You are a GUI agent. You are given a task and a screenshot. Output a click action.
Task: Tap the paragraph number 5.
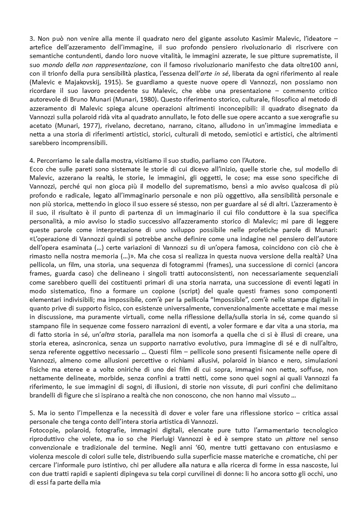click(x=26, y=416)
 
